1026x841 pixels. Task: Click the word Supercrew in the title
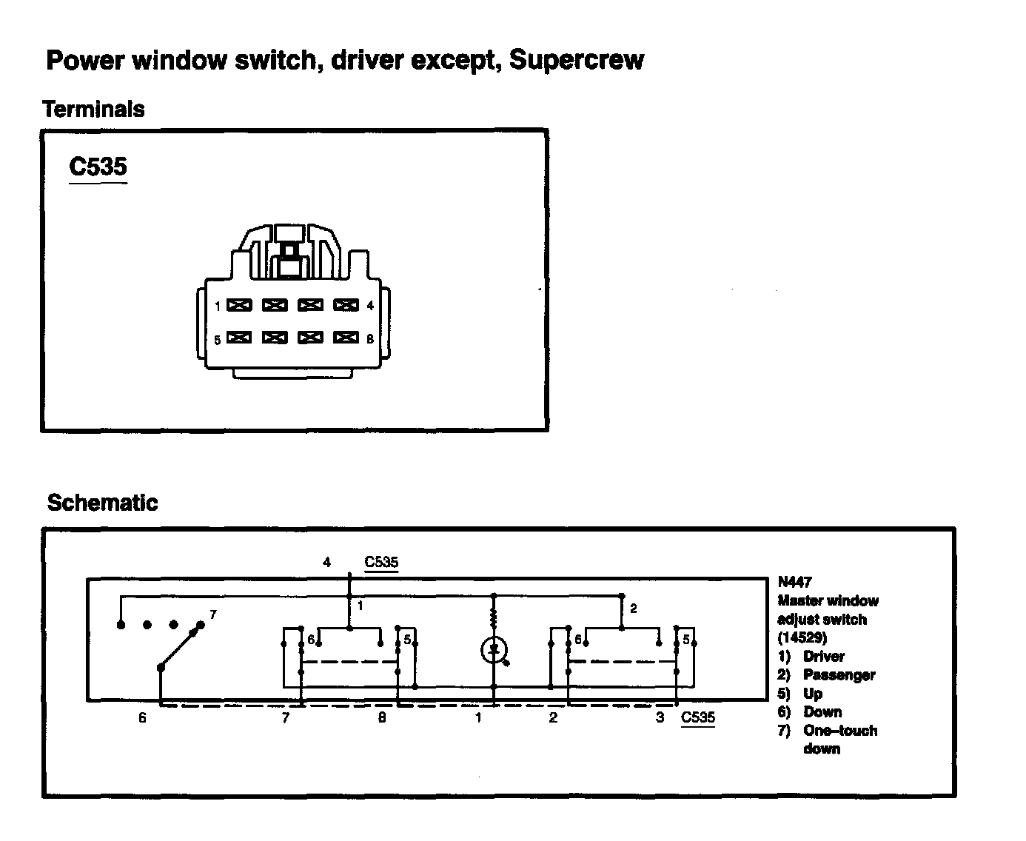(x=576, y=60)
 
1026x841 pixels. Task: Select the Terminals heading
(x=93, y=110)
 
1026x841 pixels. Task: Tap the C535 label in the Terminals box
(x=98, y=167)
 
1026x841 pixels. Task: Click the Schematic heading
(x=102, y=503)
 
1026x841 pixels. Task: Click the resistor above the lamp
(x=493, y=617)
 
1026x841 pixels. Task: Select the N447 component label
(x=794, y=582)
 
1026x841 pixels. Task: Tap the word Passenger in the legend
(x=839, y=675)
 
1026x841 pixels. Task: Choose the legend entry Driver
(x=823, y=657)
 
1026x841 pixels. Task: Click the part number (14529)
(x=802, y=637)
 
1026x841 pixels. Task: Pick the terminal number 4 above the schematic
(x=326, y=563)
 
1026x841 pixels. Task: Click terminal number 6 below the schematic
(x=142, y=717)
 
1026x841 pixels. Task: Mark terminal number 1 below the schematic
(x=479, y=717)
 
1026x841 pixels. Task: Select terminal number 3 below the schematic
(x=660, y=717)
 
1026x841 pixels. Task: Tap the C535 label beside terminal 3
(x=698, y=717)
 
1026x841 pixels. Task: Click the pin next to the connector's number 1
(x=239, y=305)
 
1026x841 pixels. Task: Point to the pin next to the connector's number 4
(x=346, y=305)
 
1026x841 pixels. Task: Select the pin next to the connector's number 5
(x=239, y=338)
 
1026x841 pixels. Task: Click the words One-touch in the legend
(x=840, y=731)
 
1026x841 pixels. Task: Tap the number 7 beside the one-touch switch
(x=213, y=614)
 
